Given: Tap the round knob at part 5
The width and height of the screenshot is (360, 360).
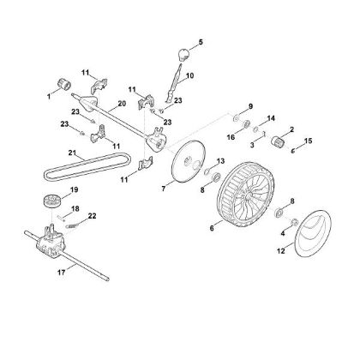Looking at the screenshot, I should [x=182, y=55].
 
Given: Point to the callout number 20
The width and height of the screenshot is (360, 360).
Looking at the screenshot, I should [x=122, y=104].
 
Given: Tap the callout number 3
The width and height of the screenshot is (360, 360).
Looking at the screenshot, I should [x=250, y=147].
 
